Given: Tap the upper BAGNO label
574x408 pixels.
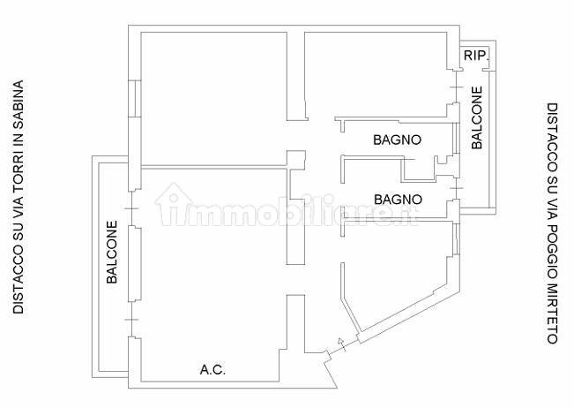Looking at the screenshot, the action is (x=397, y=140).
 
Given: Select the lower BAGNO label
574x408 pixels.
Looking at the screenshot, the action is (x=398, y=200).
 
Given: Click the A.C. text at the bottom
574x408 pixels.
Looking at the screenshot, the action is (x=212, y=369).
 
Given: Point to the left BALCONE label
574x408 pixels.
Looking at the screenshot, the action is (x=112, y=252).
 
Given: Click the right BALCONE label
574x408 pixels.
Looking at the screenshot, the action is (x=477, y=117).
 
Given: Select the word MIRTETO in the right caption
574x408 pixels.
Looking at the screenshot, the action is (x=552, y=313).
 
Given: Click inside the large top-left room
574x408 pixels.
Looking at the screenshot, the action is (x=213, y=98).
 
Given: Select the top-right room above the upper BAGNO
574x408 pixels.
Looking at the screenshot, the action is (x=376, y=74).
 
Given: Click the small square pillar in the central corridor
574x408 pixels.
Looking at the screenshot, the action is (x=295, y=160).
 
